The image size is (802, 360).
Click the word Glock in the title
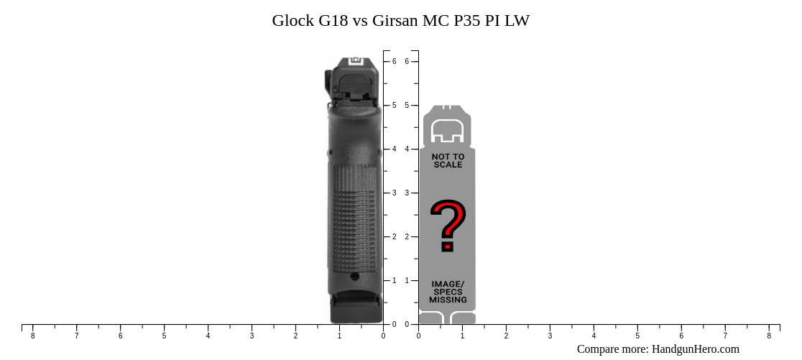click(293, 21)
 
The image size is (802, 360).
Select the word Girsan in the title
click(395, 21)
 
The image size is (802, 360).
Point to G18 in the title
click(333, 21)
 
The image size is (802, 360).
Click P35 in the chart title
click(467, 21)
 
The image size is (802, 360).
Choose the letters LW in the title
click(517, 21)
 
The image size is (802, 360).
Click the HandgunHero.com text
click(695, 349)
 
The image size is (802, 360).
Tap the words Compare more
click(612, 349)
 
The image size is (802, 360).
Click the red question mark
click(448, 226)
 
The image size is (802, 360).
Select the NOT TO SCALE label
click(448, 160)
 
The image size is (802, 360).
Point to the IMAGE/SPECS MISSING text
click(448, 292)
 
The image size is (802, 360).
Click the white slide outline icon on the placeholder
click(448, 130)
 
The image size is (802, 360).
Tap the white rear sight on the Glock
click(357, 62)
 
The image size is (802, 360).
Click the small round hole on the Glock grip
click(355, 276)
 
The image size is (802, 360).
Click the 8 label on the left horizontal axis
click(32, 336)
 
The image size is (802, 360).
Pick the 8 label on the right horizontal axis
click(769, 336)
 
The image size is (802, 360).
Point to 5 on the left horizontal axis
click(164, 336)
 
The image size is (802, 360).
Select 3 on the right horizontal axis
click(550, 336)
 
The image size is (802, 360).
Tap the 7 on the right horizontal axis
click(725, 336)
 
